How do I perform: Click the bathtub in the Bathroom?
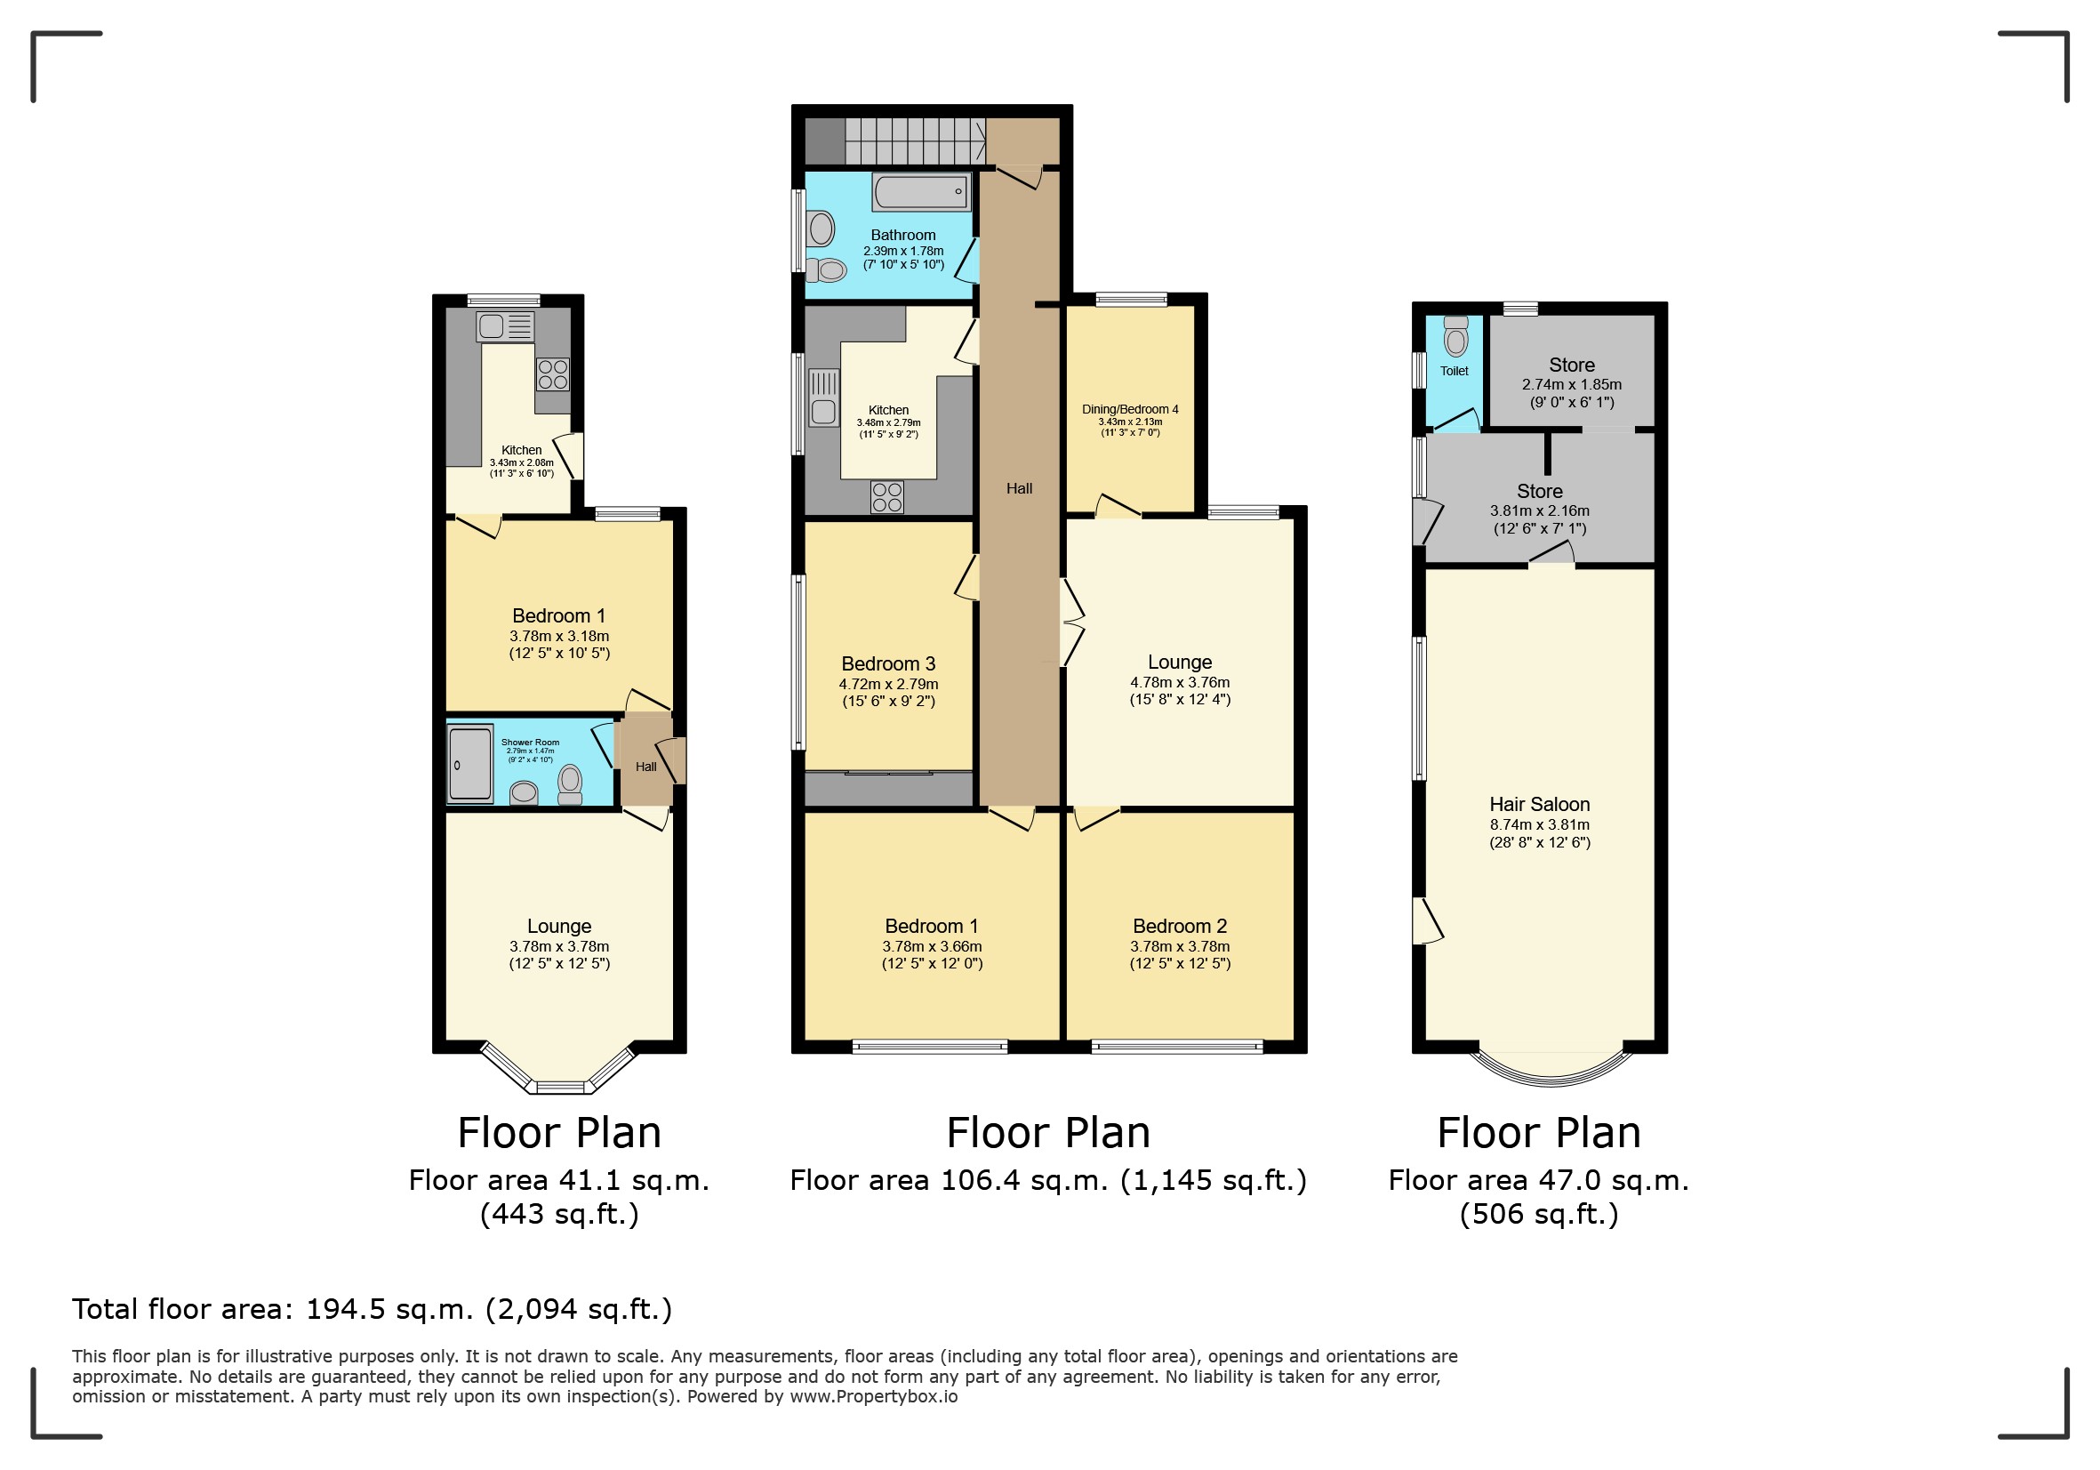coord(921,192)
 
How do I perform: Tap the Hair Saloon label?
coord(1539,805)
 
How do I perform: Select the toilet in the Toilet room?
coord(1456,339)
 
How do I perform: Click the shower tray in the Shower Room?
coord(470,763)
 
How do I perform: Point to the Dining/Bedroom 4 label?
coord(1130,410)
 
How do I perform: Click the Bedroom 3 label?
coord(888,664)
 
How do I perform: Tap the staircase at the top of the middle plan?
coord(914,141)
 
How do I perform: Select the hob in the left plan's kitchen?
coord(552,374)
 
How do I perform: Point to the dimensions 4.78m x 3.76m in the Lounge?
coord(1180,682)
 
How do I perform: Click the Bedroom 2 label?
coord(1180,927)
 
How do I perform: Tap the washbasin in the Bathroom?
coord(822,229)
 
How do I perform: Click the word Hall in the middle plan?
coord(1019,488)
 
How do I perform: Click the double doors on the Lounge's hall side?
coord(1070,622)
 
